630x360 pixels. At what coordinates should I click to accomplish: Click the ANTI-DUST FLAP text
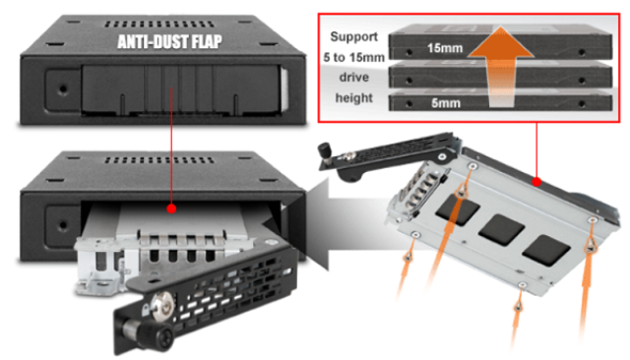[169, 41]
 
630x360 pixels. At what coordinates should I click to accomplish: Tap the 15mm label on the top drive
[444, 48]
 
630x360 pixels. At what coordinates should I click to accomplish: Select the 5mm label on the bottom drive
[446, 103]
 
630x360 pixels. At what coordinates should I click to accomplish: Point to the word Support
[354, 36]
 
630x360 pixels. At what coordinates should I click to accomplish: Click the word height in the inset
[354, 98]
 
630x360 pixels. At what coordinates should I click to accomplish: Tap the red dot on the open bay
[171, 209]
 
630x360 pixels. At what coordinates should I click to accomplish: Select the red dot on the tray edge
[536, 182]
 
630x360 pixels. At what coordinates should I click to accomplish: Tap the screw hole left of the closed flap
[63, 89]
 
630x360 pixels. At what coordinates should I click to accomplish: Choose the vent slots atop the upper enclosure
[159, 25]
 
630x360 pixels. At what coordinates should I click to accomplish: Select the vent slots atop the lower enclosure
[159, 160]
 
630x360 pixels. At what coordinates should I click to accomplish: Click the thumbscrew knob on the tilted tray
[325, 151]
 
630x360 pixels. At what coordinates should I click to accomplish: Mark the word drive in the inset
[354, 77]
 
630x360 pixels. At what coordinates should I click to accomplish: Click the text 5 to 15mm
[354, 57]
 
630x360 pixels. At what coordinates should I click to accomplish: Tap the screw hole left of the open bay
[63, 224]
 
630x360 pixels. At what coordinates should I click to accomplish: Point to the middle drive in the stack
[500, 75]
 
